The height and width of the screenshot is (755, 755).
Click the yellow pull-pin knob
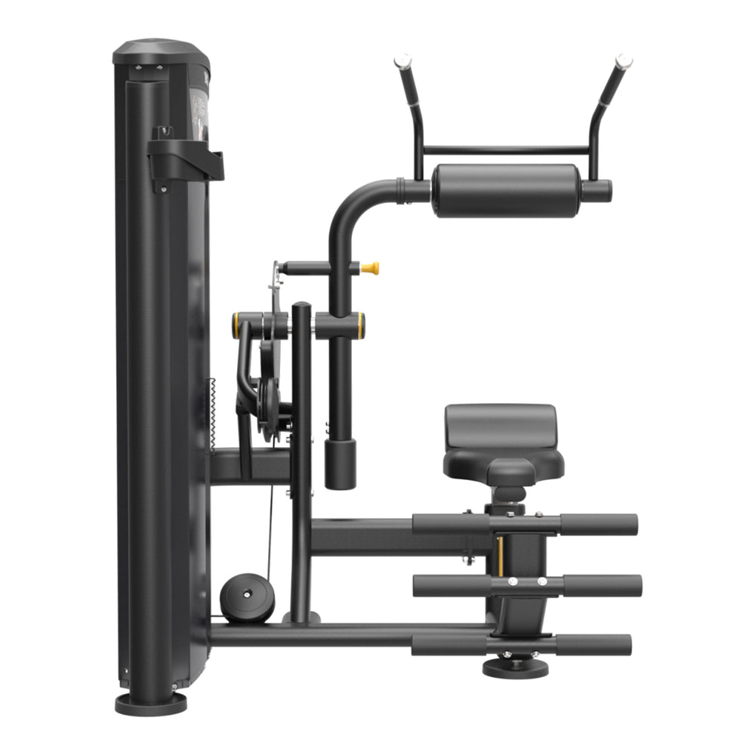click(370, 268)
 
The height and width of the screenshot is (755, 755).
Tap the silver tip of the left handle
click(402, 60)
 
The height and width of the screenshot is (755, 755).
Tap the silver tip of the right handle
click(624, 60)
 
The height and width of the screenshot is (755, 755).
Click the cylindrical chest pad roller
click(506, 191)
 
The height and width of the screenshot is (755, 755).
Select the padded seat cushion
click(501, 438)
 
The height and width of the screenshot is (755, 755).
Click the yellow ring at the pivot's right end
click(361, 325)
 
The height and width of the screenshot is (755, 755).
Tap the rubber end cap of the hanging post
click(340, 464)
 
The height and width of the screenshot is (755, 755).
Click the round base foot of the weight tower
click(150, 703)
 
